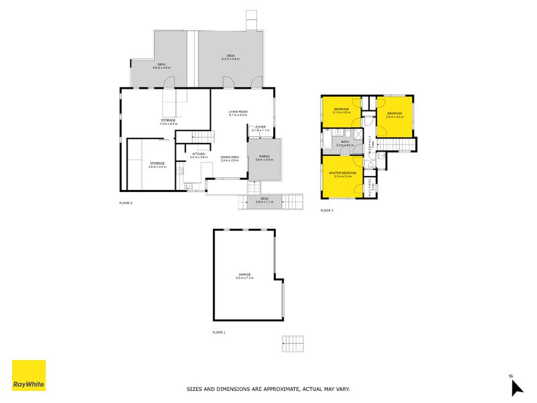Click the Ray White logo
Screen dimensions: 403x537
click(29, 375)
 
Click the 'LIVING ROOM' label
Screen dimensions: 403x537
click(238, 111)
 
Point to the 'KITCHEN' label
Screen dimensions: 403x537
click(199, 154)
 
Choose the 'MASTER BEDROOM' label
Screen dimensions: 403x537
click(342, 173)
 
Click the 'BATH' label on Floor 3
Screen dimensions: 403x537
click(345, 141)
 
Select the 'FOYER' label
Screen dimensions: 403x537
click(260, 126)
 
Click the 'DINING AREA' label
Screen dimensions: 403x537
click(230, 157)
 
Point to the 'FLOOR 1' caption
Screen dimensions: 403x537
click(219, 332)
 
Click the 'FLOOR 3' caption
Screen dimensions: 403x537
click(327, 211)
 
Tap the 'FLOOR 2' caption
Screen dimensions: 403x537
click(125, 203)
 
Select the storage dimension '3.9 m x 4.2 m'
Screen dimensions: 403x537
click(158, 167)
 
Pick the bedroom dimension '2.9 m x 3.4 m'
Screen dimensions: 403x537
click(394, 117)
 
